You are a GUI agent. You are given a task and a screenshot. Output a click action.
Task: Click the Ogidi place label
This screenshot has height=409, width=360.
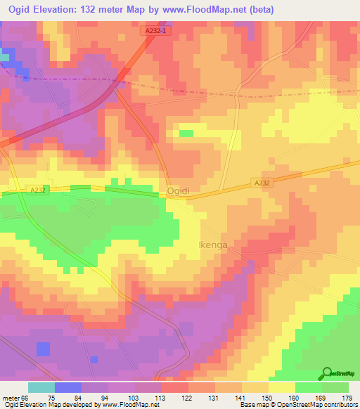pyautogui.click(x=179, y=191)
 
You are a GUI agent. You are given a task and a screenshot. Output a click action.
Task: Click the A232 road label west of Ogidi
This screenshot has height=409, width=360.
pyautogui.click(x=39, y=188)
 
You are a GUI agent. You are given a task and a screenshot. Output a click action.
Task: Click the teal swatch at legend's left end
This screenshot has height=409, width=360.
pyautogui.click(x=41, y=387)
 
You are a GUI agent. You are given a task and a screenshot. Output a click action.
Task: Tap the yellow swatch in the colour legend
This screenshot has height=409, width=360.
pyautogui.click(x=281, y=387)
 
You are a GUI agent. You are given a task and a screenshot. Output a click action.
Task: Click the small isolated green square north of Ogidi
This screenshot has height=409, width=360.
pyautogui.click(x=186, y=133)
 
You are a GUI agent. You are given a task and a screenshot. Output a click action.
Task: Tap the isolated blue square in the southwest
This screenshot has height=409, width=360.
pyautogui.click(x=44, y=349)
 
